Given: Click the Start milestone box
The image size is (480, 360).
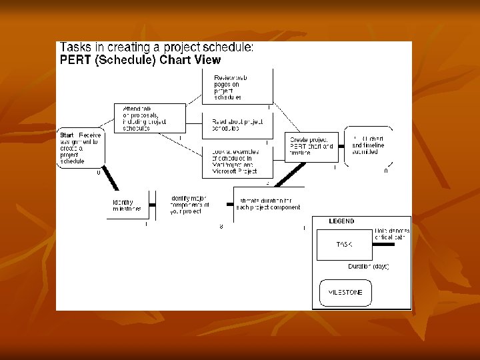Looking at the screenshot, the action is [x=81, y=147].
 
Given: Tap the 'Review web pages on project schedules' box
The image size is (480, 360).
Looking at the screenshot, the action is [x=237, y=87].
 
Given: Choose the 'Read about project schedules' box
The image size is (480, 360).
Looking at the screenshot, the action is [x=237, y=125].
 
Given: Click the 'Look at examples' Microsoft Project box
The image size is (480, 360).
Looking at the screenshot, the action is [x=237, y=162].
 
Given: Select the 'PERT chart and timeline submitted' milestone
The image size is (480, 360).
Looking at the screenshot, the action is [x=369, y=147].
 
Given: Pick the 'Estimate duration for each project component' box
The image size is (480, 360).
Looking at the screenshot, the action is [x=269, y=203].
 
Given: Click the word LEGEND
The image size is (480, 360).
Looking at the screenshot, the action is [x=342, y=221].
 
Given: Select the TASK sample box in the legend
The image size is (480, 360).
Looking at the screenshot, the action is [x=343, y=245].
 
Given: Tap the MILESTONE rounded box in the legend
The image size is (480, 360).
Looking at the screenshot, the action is [x=345, y=293].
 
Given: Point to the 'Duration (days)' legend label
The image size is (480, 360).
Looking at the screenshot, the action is [x=368, y=266].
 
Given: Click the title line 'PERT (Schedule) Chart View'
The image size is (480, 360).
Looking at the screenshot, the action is [x=140, y=59].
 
